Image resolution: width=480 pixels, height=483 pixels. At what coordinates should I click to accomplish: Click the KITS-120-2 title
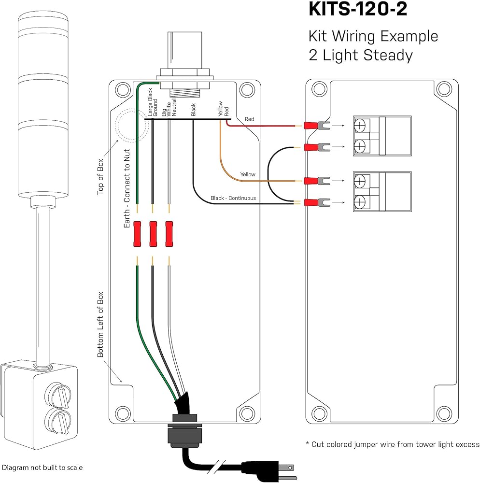coord(358,9)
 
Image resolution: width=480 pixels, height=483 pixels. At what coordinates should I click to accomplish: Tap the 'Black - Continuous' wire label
coord(233,198)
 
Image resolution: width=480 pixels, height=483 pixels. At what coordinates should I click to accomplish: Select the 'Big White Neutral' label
coord(169,108)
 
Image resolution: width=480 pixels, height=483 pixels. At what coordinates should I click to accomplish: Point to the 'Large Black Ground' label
coord(153,102)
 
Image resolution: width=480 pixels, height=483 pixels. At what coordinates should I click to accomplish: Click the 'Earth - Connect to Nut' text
coord(127,188)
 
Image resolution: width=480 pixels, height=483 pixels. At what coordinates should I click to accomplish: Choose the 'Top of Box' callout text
coord(100,177)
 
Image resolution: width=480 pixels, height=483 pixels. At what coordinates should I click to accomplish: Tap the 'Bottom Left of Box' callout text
coord(100,325)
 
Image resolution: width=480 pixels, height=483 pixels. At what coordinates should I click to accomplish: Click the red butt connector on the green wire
coord(137,234)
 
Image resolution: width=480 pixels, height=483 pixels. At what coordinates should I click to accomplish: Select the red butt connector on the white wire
coord(169,234)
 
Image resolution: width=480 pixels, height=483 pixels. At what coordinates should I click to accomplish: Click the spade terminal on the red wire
coord(317,126)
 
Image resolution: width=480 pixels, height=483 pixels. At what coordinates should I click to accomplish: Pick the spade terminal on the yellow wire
coord(317,181)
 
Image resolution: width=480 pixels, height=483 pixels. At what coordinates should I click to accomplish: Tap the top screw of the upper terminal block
coord(360,125)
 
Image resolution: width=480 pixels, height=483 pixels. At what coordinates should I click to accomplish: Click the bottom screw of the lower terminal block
coord(360,202)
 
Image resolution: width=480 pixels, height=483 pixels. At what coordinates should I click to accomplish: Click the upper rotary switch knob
coord(58,395)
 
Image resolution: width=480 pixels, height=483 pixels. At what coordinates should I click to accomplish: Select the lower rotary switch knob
coord(58,421)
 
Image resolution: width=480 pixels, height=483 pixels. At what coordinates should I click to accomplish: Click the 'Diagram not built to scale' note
coord(42,467)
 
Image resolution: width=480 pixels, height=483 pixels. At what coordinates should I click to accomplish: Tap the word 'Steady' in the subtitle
coord(388,56)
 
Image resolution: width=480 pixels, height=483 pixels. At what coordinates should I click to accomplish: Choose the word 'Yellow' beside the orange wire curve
coord(248,174)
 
